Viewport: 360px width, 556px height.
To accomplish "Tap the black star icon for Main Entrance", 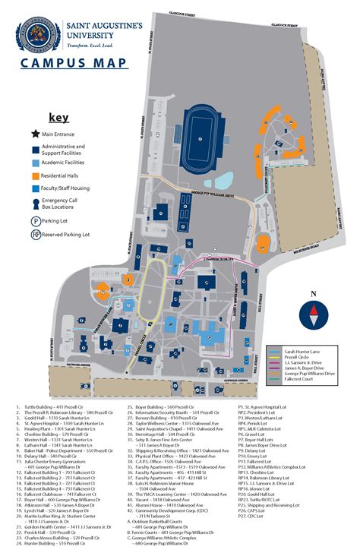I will click(x=36, y=134).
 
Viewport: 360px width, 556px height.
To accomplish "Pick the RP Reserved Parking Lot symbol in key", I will click(x=36, y=235).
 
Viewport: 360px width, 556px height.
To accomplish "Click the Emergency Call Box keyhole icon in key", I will click(x=36, y=204).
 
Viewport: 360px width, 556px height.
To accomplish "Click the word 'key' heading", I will click(x=58, y=118).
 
